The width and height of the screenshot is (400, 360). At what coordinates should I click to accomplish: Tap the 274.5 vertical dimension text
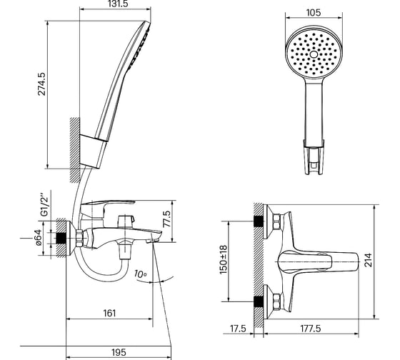[41, 84]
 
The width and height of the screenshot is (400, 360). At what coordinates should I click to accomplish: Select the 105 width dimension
[314, 13]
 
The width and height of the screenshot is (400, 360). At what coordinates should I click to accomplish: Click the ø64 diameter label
[39, 237]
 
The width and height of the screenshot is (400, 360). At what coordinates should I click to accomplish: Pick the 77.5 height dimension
[167, 219]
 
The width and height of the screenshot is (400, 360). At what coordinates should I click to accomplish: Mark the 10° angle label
[140, 274]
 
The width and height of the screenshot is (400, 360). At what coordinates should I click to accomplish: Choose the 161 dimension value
[109, 313]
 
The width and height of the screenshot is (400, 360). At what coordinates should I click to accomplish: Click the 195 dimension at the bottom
[119, 352]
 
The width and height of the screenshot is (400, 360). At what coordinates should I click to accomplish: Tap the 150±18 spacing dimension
[223, 259]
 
